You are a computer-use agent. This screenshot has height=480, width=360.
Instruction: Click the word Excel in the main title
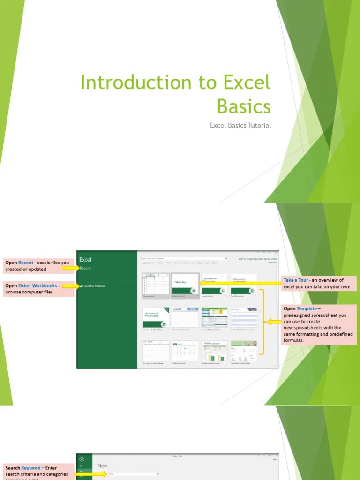[247, 82]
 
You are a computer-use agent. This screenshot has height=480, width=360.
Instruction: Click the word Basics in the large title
[244, 106]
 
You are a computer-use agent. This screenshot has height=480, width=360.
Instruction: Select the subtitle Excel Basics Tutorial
[240, 125]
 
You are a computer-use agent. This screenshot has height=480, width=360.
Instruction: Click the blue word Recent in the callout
[26, 263]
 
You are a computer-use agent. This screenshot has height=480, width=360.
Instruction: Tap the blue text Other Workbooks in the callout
[37, 285]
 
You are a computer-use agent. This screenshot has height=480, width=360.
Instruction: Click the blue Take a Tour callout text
[296, 280]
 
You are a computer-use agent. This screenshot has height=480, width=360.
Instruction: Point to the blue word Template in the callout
[307, 309]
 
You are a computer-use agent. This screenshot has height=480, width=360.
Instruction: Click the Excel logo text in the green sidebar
[85, 260]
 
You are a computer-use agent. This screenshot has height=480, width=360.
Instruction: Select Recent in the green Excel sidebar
[85, 268]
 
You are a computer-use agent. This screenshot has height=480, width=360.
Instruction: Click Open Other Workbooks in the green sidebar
[93, 285]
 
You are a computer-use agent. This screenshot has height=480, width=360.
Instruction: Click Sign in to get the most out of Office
[257, 259]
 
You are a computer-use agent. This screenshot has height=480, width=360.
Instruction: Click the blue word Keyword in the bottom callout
[31, 468]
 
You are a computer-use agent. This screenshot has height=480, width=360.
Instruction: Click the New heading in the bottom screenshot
[102, 466]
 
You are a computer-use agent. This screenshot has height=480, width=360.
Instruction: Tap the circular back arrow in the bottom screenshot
[82, 460]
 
